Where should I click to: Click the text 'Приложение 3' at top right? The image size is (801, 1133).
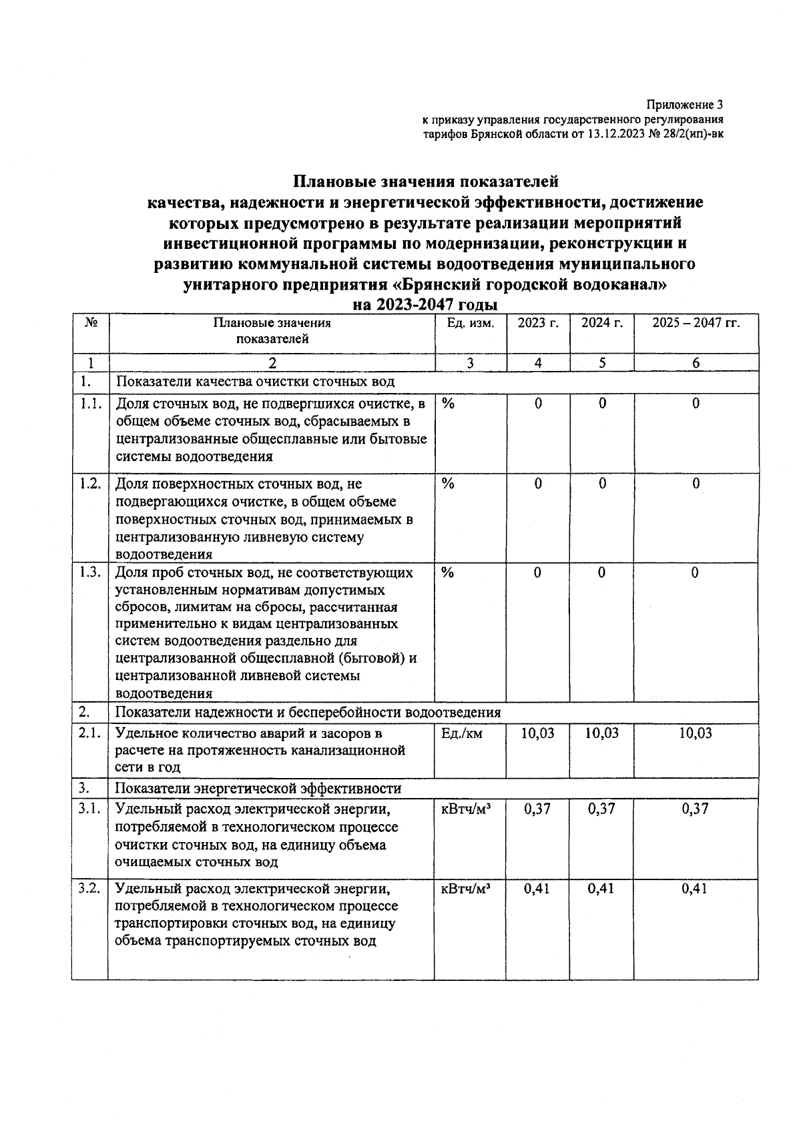684,105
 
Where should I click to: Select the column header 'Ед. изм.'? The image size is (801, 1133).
471,324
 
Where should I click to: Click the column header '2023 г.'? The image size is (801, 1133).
538,324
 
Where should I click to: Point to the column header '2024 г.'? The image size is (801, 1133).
602,324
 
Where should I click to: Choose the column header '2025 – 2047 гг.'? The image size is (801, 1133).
696,324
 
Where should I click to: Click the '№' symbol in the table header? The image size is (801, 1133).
91,323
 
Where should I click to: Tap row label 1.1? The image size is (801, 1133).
90,404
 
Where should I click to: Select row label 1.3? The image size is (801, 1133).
90,573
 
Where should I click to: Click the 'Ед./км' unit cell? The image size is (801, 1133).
462,733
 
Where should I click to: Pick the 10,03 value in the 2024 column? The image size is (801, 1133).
602,733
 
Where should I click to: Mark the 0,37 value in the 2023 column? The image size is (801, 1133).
537,809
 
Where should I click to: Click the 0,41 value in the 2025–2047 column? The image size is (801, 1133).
696,889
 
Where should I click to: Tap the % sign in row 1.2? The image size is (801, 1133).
448,484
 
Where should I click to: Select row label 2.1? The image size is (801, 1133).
90,733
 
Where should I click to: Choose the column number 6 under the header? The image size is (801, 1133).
696,364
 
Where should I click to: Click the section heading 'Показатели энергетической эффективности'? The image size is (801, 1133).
259,789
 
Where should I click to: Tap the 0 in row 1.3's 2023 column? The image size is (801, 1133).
537,573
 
